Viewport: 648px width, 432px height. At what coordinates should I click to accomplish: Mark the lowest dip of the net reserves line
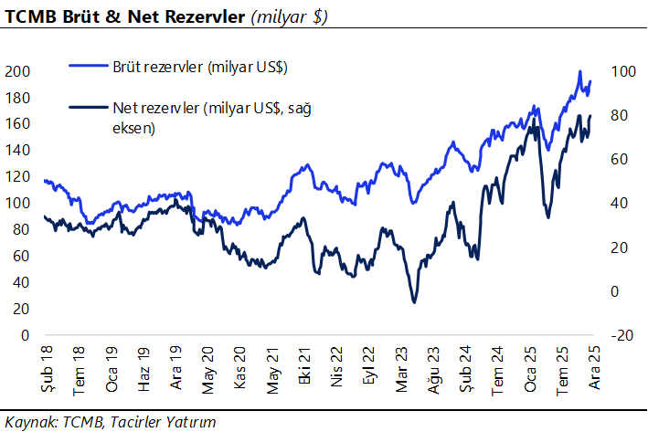tap(414, 302)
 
